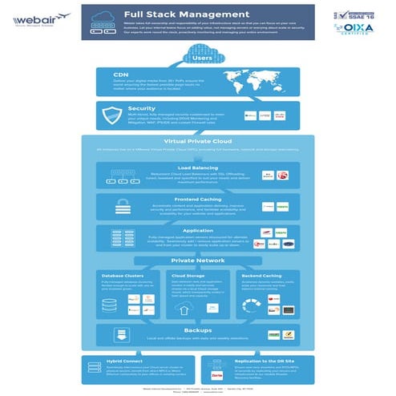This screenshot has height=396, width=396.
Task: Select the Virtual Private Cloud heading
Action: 197,142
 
